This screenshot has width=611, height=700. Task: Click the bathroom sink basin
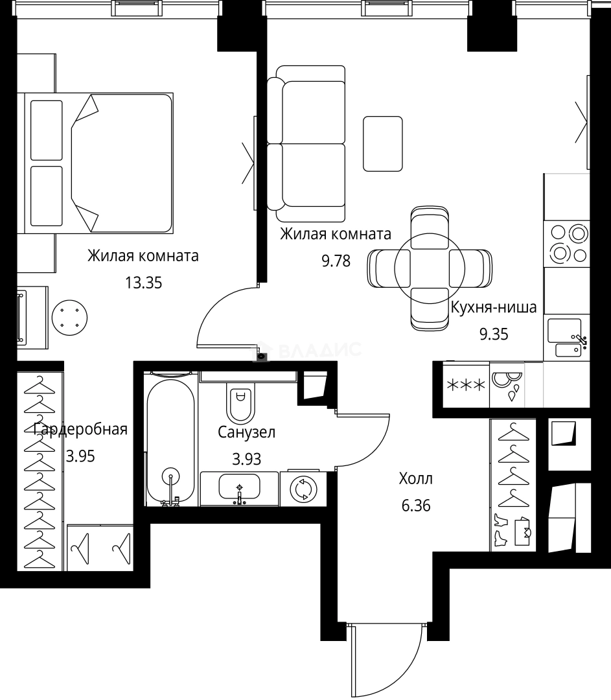point(239,487)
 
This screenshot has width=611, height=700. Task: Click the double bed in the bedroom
point(99,163)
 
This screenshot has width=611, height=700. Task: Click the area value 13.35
point(143,283)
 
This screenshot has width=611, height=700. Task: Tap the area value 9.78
point(336,261)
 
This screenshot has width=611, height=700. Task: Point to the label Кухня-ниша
point(493,308)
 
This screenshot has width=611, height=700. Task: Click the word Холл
point(415,480)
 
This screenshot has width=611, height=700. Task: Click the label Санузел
point(246,432)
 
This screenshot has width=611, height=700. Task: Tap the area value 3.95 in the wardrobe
point(80,456)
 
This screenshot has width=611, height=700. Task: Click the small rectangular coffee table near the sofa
point(382,144)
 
